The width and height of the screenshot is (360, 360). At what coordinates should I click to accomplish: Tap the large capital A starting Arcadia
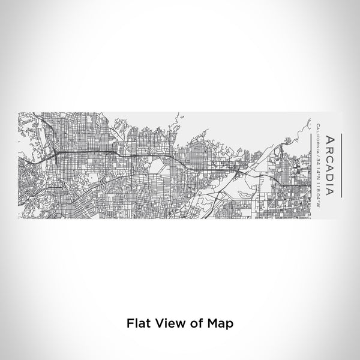coord(329,139)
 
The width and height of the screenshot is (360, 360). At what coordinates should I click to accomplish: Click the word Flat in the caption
coord(137,323)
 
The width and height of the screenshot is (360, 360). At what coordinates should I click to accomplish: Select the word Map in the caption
coord(218,323)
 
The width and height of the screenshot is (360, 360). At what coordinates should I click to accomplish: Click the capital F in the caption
coord(130,323)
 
